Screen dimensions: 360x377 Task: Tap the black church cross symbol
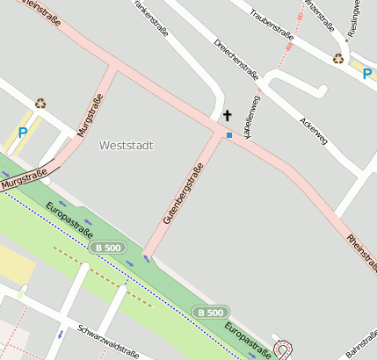(228, 115)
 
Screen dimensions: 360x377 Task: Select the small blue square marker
(229, 135)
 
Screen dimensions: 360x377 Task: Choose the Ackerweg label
(313, 131)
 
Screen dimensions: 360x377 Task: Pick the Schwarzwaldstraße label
(108, 342)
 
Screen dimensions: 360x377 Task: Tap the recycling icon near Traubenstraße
(338, 59)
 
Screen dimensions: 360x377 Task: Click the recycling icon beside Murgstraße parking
(40, 103)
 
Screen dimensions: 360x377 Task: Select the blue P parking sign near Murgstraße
(22, 133)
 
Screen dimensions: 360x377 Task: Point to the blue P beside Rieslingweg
(366, 75)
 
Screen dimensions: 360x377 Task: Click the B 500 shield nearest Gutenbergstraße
(108, 248)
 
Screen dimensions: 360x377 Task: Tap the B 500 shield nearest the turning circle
(211, 312)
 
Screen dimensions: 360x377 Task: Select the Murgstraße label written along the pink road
(84, 120)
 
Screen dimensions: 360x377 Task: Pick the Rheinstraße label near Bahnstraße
(361, 251)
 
